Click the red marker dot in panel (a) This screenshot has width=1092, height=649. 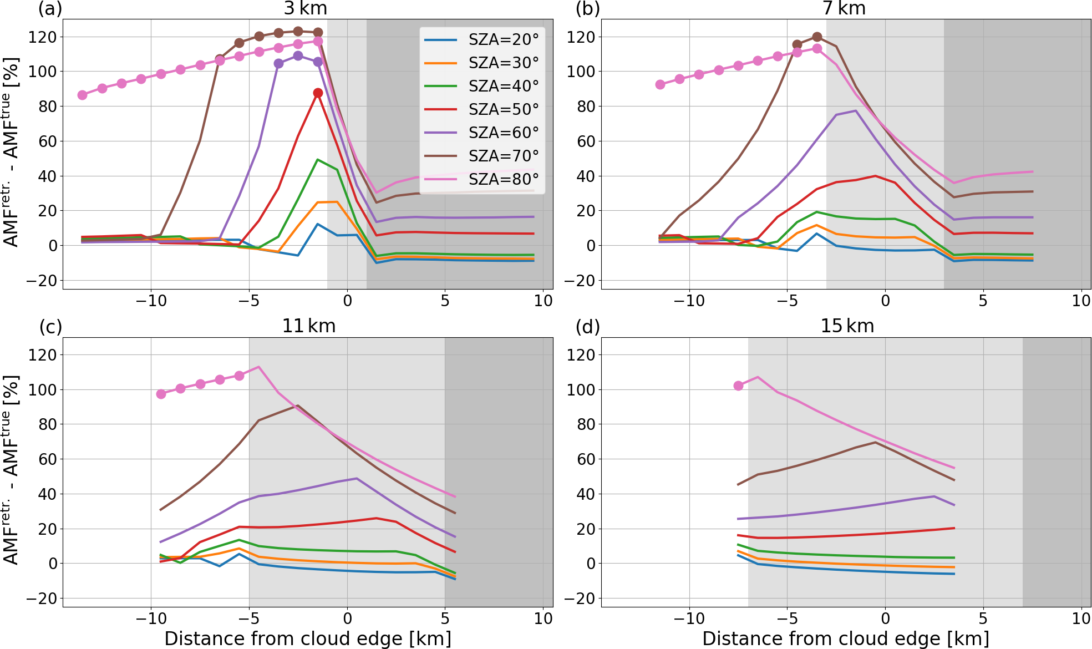tap(318, 93)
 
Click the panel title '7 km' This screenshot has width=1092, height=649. tap(844, 9)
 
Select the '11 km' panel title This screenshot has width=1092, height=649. tap(308, 326)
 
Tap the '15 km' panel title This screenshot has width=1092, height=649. tap(847, 326)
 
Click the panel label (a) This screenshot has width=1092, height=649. tap(50, 9)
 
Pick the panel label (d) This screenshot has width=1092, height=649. tap(588, 327)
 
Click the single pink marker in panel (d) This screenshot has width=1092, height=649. tap(738, 386)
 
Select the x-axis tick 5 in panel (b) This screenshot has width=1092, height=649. tap(983, 301)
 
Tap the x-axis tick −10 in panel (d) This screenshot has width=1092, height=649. tap(689, 618)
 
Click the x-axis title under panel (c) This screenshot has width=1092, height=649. tap(308, 638)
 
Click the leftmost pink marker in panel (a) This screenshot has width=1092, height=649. tap(83, 95)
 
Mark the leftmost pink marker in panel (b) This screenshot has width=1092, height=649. tap(660, 84)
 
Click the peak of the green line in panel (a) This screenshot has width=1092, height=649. tap(318, 160)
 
